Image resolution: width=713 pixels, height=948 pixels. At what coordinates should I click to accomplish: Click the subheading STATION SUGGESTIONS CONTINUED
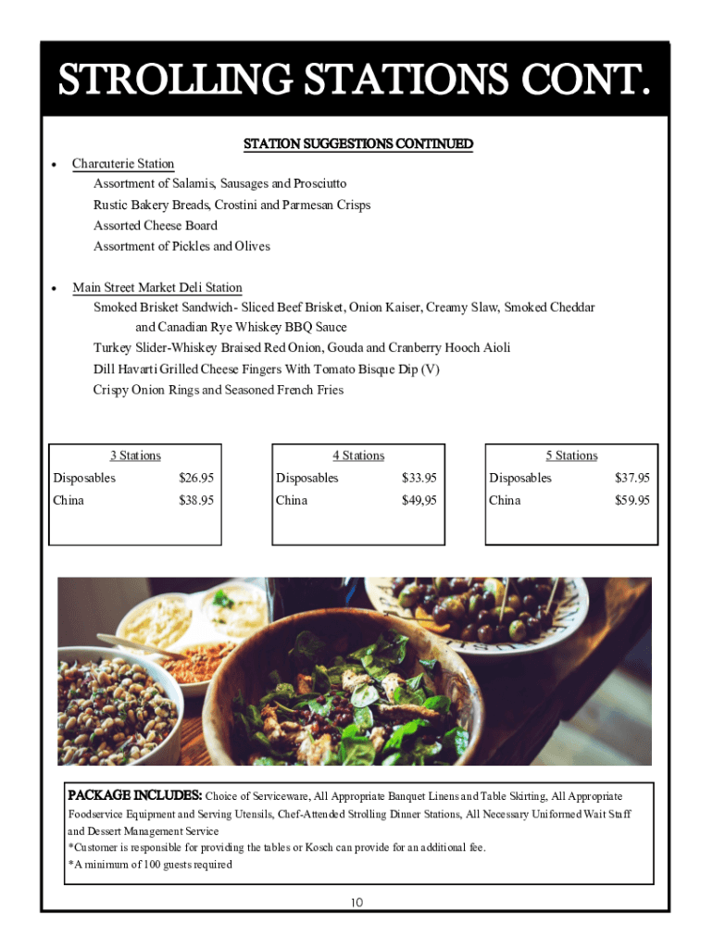coord(357,143)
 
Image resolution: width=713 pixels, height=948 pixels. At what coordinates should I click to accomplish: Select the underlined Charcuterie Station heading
coord(123,164)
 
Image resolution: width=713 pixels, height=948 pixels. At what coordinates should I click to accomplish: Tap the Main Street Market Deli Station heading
coord(157,288)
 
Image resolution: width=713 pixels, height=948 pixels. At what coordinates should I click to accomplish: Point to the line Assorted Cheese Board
coord(156,226)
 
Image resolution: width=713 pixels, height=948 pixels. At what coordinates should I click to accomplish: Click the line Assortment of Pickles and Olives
coord(181,246)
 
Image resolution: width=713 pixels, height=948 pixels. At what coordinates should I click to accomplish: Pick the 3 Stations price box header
coord(135,455)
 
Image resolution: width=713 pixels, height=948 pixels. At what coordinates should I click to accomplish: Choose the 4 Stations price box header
coord(358,455)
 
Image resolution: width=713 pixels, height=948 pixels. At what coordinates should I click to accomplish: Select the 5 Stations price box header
coord(571,455)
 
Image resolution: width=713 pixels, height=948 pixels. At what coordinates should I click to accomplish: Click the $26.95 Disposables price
coord(196,479)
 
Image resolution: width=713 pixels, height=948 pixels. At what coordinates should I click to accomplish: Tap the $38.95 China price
coord(196,501)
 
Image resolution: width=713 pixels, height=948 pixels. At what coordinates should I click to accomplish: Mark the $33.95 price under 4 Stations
coord(419,479)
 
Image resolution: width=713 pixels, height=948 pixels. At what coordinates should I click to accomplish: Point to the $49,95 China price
coord(419,501)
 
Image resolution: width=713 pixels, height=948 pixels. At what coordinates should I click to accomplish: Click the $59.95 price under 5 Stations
coord(632,501)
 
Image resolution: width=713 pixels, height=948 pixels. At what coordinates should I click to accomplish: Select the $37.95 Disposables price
coord(632,479)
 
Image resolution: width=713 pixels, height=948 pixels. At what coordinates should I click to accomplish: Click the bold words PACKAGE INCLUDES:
coord(135,795)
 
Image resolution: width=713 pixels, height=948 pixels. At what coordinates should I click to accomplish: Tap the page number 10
coord(356,903)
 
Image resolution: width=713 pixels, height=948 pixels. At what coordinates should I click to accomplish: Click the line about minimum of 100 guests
coord(150,865)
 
